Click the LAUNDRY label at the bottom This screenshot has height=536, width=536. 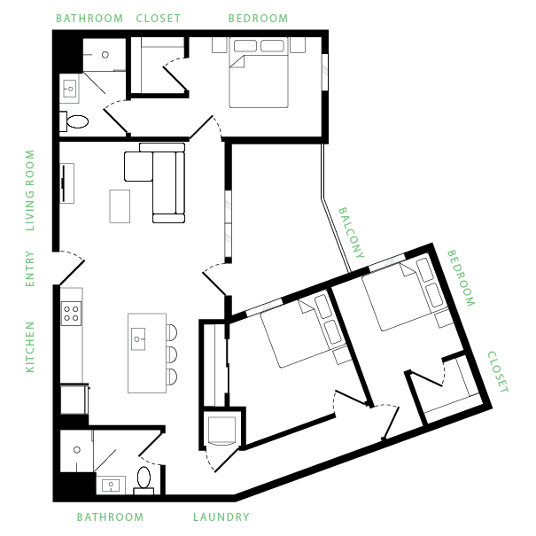tap(221, 517)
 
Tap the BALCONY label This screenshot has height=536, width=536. tap(352, 233)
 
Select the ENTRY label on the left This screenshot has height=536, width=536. tap(30, 269)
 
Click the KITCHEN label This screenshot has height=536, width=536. tap(30, 346)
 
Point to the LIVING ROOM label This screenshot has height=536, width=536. tap(30, 190)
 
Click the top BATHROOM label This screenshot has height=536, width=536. tap(89, 18)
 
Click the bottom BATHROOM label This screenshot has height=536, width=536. tap(109, 517)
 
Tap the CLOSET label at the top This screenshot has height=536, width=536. tap(159, 18)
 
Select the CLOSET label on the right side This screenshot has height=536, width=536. tap(498, 372)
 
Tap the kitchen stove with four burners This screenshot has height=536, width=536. tap(70, 313)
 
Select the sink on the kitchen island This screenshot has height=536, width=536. tap(138, 336)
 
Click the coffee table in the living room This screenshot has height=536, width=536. tap(120, 206)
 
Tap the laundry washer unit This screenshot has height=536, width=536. tap(220, 431)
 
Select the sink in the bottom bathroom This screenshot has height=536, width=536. tap(112, 485)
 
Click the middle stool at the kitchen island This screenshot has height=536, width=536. tap(171, 354)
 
